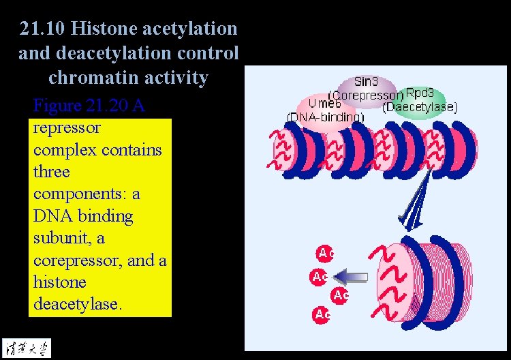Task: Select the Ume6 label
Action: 324,104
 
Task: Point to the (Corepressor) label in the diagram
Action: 365,95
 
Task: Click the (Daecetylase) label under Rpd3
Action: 420,107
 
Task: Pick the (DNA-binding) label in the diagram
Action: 325,117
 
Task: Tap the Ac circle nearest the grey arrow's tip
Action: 320,277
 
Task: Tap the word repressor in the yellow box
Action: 66,128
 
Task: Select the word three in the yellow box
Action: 51,172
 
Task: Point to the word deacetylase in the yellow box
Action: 77,304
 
